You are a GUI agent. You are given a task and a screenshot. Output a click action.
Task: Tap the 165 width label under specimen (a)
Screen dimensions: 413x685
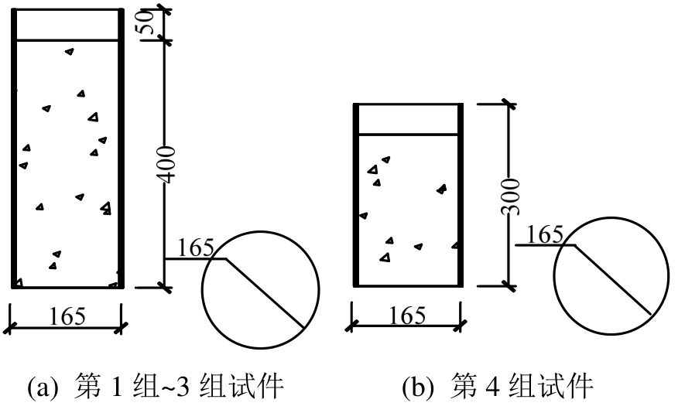67,316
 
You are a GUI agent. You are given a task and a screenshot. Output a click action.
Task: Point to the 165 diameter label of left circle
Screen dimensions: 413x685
195,248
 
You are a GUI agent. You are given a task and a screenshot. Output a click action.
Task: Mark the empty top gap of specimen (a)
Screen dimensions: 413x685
68,24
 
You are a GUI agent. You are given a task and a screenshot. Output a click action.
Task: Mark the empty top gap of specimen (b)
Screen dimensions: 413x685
407,118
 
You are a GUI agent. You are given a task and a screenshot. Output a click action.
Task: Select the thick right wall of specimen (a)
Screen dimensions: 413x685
121,147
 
